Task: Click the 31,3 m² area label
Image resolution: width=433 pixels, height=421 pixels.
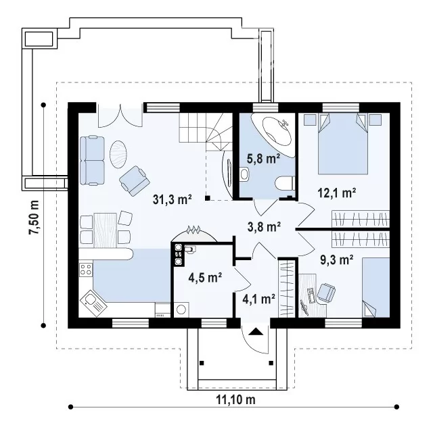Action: (x=173, y=199)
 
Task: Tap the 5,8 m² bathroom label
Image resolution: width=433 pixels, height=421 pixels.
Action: (x=263, y=159)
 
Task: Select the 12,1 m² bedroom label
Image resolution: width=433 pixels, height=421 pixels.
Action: (x=337, y=193)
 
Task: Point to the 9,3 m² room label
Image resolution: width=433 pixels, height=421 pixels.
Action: (x=337, y=259)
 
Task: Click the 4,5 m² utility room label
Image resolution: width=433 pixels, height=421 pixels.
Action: (x=205, y=278)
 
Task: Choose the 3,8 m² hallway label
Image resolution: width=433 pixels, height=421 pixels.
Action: (x=264, y=227)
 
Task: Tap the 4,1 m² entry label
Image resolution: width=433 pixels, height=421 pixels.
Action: (x=258, y=299)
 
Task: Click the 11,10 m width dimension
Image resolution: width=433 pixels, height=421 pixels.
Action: (x=235, y=399)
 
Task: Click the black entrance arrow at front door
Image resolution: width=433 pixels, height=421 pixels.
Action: (x=255, y=331)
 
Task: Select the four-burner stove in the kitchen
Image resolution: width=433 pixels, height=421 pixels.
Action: (x=86, y=270)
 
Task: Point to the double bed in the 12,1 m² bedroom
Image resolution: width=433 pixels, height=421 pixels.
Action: (x=343, y=144)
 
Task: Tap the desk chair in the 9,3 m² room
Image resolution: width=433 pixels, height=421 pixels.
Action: (x=326, y=292)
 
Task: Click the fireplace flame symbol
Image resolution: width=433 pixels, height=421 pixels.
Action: (x=193, y=230)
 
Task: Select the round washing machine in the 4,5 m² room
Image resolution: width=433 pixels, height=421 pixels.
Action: (x=181, y=309)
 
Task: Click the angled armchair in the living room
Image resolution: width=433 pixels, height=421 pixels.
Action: (x=135, y=180)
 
